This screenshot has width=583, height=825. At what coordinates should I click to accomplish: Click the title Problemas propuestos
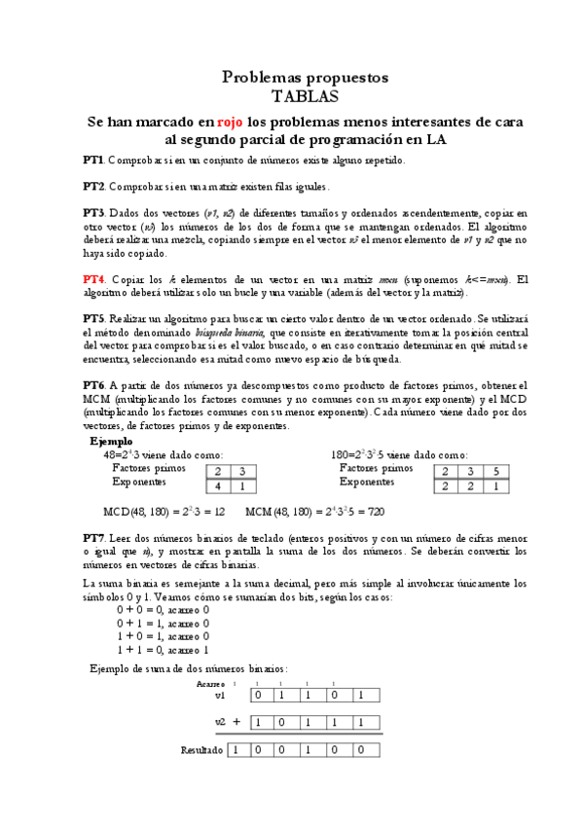pyautogui.click(x=305, y=76)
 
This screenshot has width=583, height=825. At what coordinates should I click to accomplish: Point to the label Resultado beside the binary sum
pyautogui.click(x=202, y=750)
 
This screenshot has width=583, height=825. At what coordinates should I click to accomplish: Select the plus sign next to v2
pyautogui.click(x=237, y=722)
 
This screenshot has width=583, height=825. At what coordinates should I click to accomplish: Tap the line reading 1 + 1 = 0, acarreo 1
pyautogui.click(x=163, y=649)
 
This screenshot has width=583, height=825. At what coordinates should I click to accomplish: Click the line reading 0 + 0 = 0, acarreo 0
pyautogui.click(x=163, y=609)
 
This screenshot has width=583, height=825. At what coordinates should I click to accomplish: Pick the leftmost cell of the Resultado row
pyautogui.click(x=235, y=750)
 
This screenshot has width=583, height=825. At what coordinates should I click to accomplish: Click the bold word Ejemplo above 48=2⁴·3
pyautogui.click(x=110, y=441)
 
